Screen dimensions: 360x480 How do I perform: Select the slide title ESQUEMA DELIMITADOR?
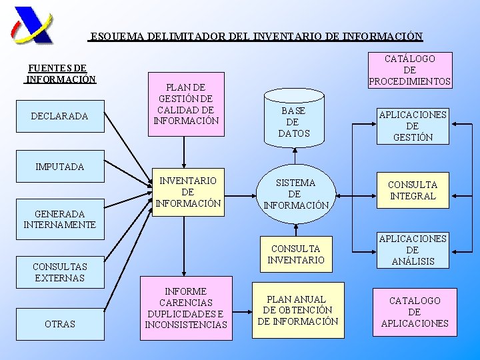(256, 37)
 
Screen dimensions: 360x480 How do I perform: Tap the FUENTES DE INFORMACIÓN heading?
(60, 73)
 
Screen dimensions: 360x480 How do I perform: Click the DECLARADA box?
(59, 116)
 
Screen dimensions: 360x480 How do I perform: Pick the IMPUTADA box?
(59, 167)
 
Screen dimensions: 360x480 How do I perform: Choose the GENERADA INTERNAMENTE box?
(59, 219)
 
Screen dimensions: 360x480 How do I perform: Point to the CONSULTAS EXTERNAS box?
(59, 272)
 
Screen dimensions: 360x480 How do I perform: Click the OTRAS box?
(59, 323)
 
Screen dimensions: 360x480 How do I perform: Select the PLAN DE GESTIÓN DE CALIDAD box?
(186, 104)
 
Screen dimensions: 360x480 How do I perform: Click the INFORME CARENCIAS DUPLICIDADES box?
(186, 308)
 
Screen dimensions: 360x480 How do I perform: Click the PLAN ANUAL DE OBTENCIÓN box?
(297, 310)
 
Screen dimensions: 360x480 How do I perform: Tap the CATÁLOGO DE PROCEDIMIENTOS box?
(410, 70)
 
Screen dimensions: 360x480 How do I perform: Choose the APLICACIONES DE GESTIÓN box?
(413, 125)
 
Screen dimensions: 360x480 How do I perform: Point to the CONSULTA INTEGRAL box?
(413, 190)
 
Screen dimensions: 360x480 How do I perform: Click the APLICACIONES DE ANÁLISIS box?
(413, 250)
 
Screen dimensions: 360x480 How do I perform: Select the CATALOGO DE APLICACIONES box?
(414, 311)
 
